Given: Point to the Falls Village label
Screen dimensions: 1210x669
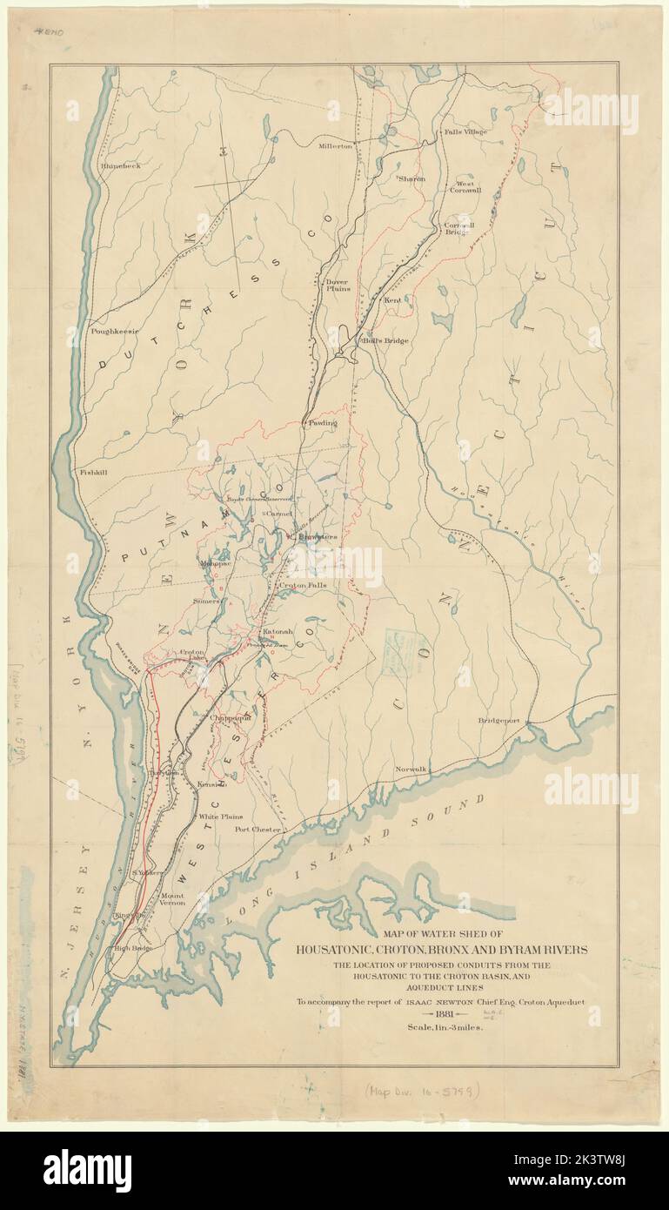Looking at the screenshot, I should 466,131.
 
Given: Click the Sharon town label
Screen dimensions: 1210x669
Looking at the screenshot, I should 411,178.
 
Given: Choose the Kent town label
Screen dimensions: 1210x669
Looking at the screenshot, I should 392,299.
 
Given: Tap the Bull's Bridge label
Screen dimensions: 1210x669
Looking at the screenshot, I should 385,340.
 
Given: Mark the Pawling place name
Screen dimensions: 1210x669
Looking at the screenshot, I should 321,422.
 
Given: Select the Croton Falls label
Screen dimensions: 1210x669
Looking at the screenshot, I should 303,586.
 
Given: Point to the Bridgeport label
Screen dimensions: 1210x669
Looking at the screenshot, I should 498,721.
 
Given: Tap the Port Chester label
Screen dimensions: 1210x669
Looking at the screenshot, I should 258,830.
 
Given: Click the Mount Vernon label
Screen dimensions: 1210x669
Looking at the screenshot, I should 173,900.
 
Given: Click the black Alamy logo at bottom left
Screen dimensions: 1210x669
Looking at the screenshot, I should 88,1171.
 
